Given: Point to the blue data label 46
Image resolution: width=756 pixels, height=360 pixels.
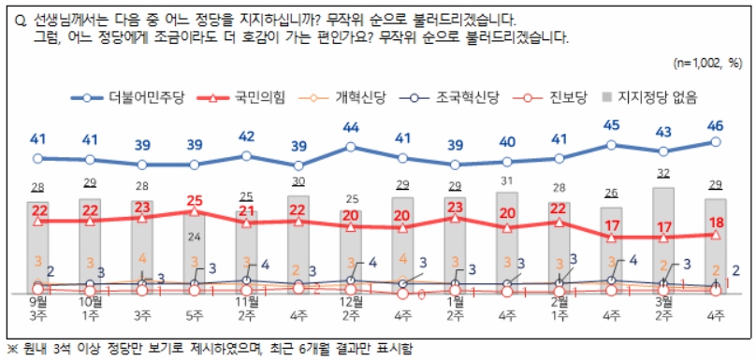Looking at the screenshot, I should click(715, 124).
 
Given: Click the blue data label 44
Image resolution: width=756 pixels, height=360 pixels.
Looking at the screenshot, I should click(352, 128).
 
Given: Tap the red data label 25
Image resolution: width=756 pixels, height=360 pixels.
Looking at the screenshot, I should click(195, 200).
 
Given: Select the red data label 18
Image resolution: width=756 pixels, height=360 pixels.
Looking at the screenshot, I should click(715, 221).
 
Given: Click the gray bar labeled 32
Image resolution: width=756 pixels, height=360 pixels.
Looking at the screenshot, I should click(662, 238).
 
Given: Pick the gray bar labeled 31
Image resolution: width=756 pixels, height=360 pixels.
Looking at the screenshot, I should click(506, 243).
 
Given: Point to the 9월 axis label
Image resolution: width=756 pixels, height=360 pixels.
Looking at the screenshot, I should click(38, 302).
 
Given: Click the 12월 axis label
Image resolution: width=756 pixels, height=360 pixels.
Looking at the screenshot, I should click(352, 302).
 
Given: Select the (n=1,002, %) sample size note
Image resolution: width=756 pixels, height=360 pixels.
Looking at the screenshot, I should click(707, 63).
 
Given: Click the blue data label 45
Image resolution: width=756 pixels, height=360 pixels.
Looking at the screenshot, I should click(611, 126).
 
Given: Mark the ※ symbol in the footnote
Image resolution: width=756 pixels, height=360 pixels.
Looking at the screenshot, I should click(12, 345).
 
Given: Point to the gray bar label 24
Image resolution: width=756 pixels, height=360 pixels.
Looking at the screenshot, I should click(195, 236).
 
